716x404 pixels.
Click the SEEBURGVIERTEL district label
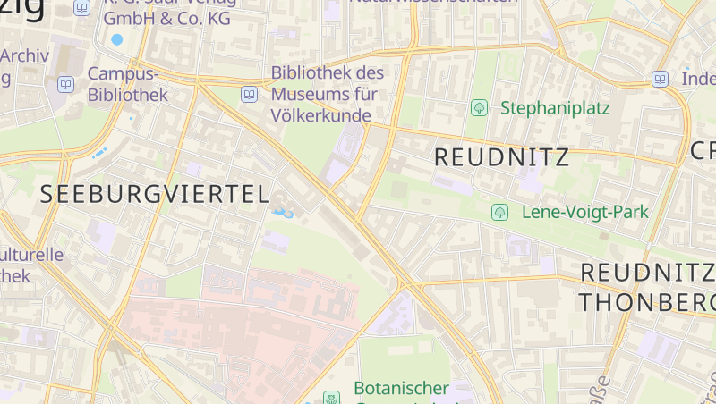tap(154, 194)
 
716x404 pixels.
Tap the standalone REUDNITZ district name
tap(501, 157)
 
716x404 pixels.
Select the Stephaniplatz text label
tap(555, 108)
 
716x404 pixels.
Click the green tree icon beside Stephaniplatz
tap(479, 108)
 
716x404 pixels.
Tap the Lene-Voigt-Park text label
tap(584, 212)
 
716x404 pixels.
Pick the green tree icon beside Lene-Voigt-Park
tap(500, 212)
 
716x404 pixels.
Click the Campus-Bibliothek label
tap(127, 84)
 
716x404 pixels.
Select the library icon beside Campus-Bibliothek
tap(65, 84)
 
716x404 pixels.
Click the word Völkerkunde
tap(321, 114)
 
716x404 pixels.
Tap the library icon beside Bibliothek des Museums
tap(249, 93)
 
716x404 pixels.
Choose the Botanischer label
tap(401, 388)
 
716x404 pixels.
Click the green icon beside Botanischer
tap(332, 396)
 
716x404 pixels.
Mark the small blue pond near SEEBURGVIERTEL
tap(283, 213)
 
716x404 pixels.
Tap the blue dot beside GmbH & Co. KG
tap(116, 39)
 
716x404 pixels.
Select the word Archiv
tap(24, 55)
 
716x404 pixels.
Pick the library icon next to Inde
tap(660, 79)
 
